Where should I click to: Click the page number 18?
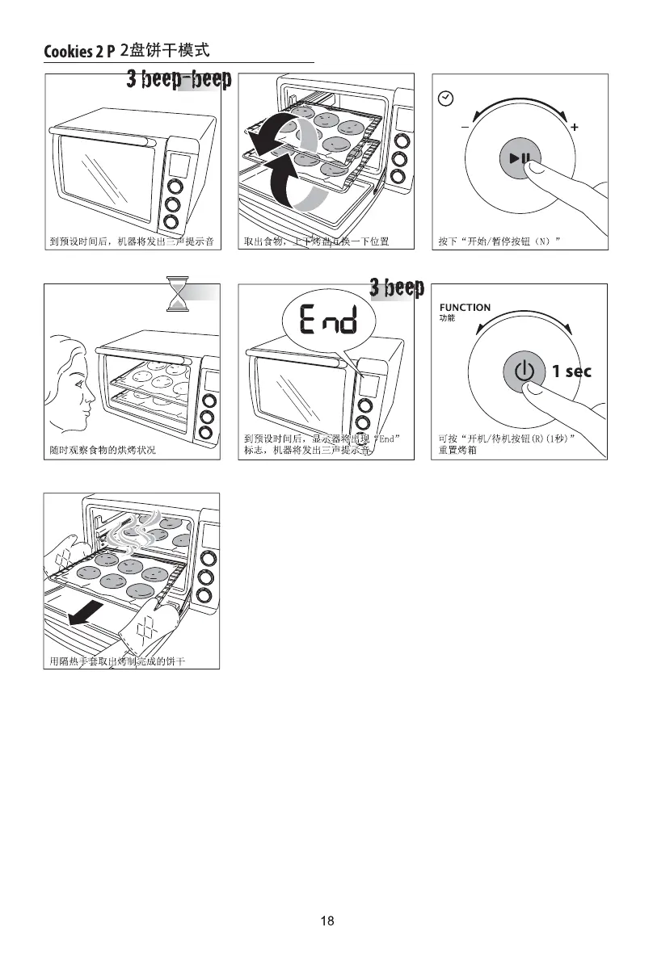coord(326,921)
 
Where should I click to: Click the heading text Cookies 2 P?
coord(79,52)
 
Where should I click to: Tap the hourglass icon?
coord(176,294)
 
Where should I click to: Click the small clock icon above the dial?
coord(444,99)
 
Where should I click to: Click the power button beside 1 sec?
coord(524,371)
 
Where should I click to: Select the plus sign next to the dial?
coord(574,128)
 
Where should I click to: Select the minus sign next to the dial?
coord(465,128)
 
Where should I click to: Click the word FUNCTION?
coord(465,308)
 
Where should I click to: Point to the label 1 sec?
coord(571,371)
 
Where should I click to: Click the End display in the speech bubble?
coord(327,322)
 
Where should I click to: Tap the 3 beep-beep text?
coord(179,80)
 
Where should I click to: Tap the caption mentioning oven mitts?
coord(118,662)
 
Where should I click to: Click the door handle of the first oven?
coord(102,142)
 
